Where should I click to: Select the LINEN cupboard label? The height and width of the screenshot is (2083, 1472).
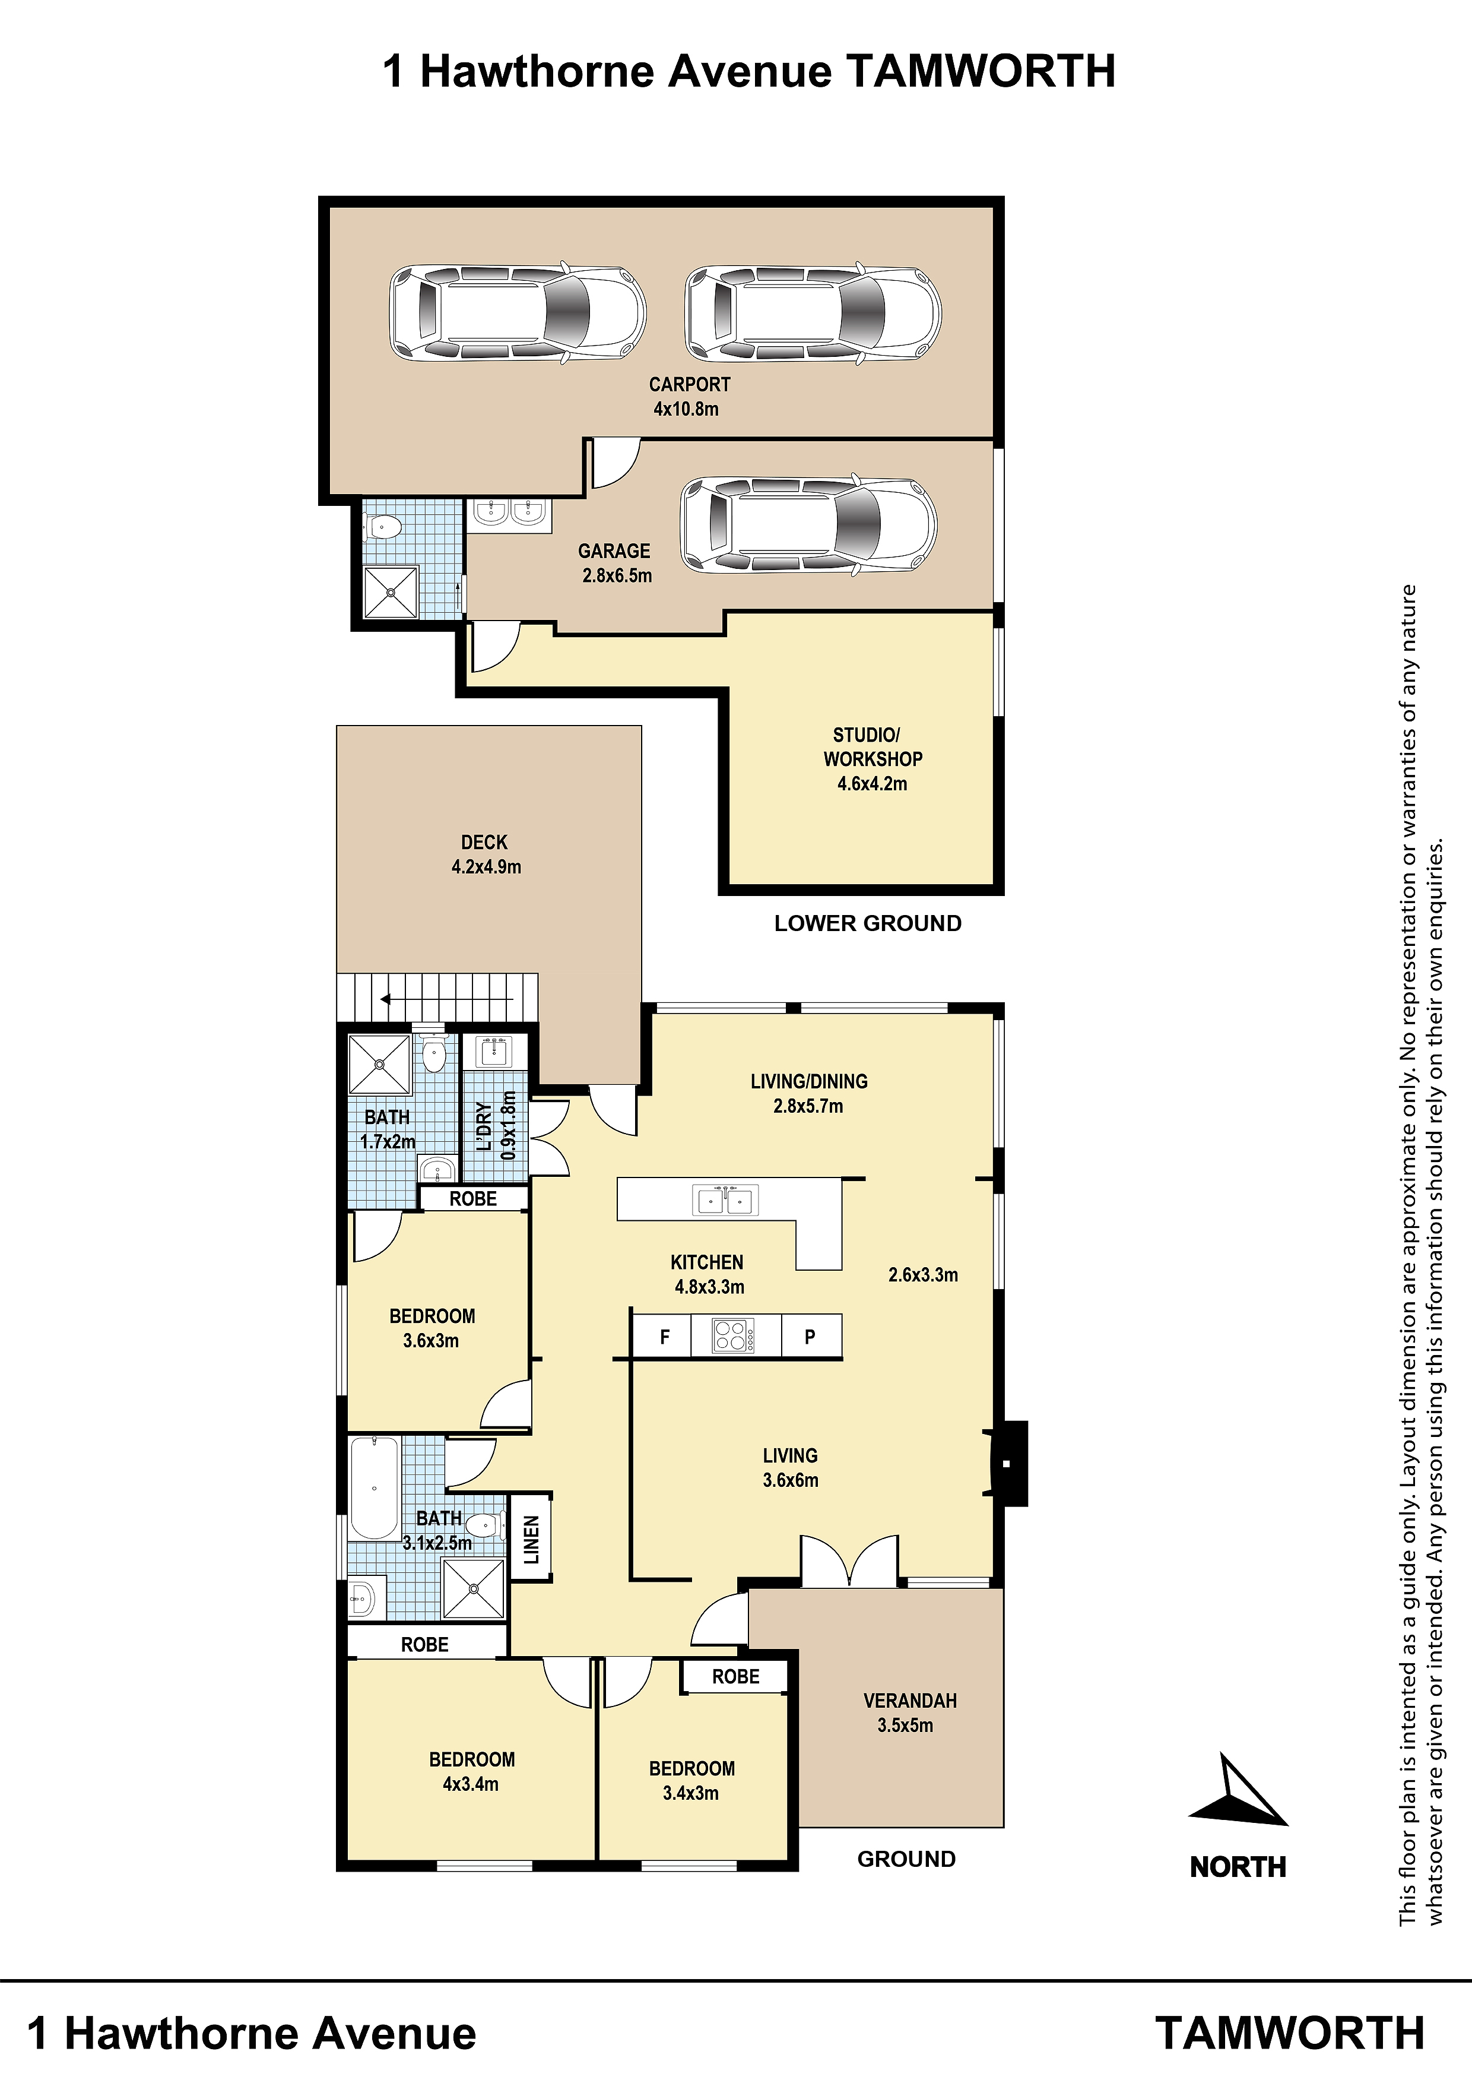click(x=531, y=1540)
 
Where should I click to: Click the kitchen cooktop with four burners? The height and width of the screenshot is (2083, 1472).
click(x=733, y=1337)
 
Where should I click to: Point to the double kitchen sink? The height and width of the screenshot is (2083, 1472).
click(x=725, y=1200)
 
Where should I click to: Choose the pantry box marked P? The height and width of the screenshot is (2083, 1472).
click(x=811, y=1337)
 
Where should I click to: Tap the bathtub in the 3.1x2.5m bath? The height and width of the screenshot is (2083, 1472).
click(x=374, y=1489)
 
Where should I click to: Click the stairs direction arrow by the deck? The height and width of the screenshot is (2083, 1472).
click(x=447, y=1000)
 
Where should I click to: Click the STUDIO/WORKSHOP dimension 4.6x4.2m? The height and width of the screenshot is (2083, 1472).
click(x=871, y=784)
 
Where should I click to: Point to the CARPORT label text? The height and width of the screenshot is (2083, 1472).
click(x=689, y=385)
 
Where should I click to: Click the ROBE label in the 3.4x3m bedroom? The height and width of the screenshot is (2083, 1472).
click(x=735, y=1677)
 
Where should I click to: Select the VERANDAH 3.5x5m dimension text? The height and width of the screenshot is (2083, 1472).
click(x=905, y=1726)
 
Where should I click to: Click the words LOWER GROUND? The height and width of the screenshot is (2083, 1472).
click(x=868, y=923)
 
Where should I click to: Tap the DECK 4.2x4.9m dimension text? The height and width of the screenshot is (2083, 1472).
click(x=486, y=866)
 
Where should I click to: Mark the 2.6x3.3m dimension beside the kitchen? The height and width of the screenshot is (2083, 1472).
click(x=922, y=1275)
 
